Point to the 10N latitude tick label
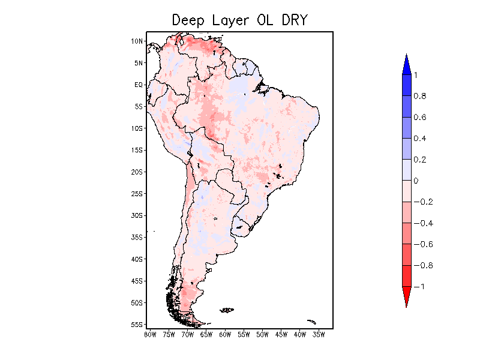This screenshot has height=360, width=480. [x=137, y=41]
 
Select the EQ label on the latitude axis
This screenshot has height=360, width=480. [x=139, y=85]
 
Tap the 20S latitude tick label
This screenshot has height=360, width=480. [x=137, y=172]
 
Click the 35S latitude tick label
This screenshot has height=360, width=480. [x=137, y=237]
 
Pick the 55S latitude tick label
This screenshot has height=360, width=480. [x=137, y=324]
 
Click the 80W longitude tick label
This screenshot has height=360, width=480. [x=150, y=334]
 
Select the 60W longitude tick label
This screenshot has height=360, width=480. [x=225, y=334]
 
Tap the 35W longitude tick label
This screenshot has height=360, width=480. [x=319, y=334]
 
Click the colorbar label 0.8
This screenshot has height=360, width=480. [x=419, y=96]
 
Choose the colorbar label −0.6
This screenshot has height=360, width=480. [x=422, y=244]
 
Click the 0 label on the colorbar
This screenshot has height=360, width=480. [x=416, y=181]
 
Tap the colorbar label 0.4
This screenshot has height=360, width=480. [x=419, y=139]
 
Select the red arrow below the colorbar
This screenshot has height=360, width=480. [x=406, y=296]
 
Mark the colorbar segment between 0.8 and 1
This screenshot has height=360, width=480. [x=406, y=85]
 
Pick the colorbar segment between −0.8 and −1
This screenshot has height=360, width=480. [x=406, y=275]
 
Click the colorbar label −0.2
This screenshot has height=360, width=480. [x=422, y=202]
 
